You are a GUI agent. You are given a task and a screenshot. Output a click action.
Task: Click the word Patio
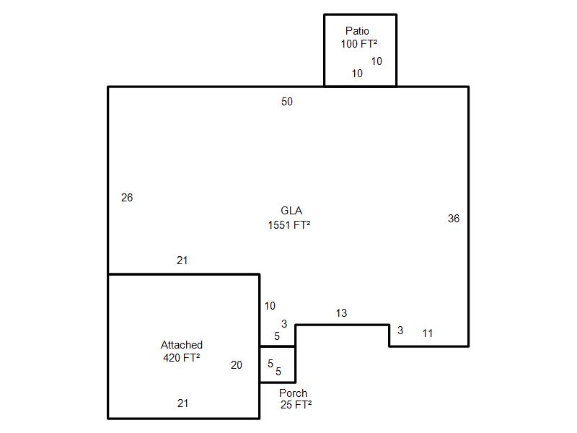[x=357, y=31]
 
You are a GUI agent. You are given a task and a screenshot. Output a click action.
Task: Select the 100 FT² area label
[x=359, y=43]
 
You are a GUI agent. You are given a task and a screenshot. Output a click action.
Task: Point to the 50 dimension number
[x=287, y=102]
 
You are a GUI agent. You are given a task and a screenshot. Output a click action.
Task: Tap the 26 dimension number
[x=127, y=198]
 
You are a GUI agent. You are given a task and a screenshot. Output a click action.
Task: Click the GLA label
[x=291, y=211]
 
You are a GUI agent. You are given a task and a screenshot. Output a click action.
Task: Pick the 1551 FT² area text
[x=289, y=224]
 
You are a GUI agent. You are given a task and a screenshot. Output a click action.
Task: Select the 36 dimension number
[x=454, y=219]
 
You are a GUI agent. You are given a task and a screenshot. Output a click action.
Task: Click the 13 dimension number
[x=341, y=313]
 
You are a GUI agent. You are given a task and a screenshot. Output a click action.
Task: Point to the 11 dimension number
[x=428, y=333]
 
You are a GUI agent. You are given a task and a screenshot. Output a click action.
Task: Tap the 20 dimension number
[x=237, y=365]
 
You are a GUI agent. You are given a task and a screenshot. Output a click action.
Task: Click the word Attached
[x=182, y=345]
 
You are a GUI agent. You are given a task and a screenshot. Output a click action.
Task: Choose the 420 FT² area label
[x=182, y=357]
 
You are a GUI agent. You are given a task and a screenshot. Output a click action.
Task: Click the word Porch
[x=293, y=393]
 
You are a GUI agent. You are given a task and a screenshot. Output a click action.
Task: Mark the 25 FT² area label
[x=296, y=405]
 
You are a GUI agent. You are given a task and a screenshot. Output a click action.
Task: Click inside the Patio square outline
[x=339, y=61]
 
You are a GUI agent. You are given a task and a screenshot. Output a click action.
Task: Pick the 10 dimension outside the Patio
[x=270, y=306]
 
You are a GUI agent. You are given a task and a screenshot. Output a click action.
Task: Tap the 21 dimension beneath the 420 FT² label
[x=182, y=403]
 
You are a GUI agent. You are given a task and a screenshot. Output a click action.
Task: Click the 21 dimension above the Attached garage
[x=182, y=261]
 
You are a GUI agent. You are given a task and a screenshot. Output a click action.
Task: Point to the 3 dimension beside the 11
[x=400, y=331]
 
